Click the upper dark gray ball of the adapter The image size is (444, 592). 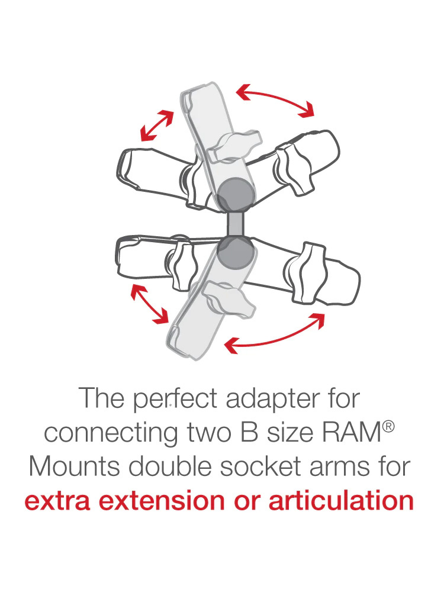pos(235,195)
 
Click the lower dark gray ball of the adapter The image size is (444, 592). pos(235,253)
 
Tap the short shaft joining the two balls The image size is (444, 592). pos(235,224)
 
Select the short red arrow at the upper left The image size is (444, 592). pos(157,126)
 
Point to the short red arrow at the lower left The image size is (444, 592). pos(150,304)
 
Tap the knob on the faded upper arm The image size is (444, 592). pos(235,146)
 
